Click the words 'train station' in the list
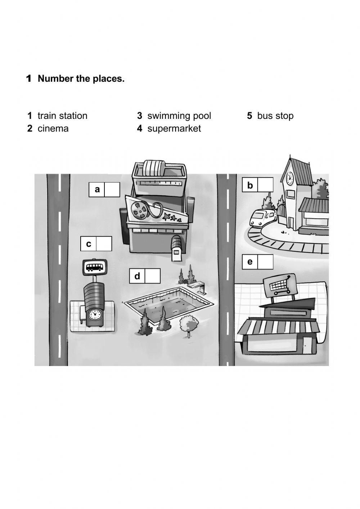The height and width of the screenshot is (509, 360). pos(62,116)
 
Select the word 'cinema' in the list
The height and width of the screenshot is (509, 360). pos(53,129)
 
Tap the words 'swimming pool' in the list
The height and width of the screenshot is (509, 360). pos(179,116)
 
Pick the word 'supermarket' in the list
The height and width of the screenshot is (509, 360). pos(174,129)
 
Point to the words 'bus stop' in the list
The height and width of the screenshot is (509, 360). pos(275,116)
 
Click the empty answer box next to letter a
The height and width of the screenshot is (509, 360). pos(112,189)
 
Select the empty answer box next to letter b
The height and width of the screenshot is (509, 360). pos(266,185)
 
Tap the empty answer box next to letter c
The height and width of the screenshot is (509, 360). pos(104,244)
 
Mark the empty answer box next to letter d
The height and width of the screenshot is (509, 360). pos(153,276)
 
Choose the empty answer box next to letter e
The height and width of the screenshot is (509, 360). pos(265,262)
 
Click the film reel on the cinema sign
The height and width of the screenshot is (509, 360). pos(139,210)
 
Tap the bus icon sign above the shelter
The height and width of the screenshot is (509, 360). pos(94,267)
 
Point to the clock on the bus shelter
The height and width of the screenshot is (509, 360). pos(94,314)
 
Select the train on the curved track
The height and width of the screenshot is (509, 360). pos(262,218)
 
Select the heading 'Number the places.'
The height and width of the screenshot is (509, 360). pos(81,79)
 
